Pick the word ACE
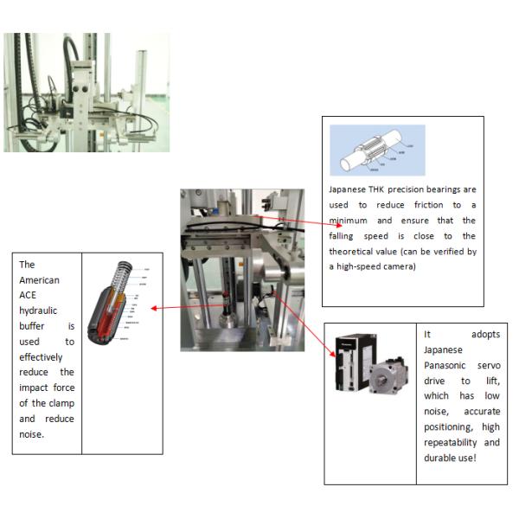click(x=28, y=296)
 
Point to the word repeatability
click(x=454, y=442)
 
